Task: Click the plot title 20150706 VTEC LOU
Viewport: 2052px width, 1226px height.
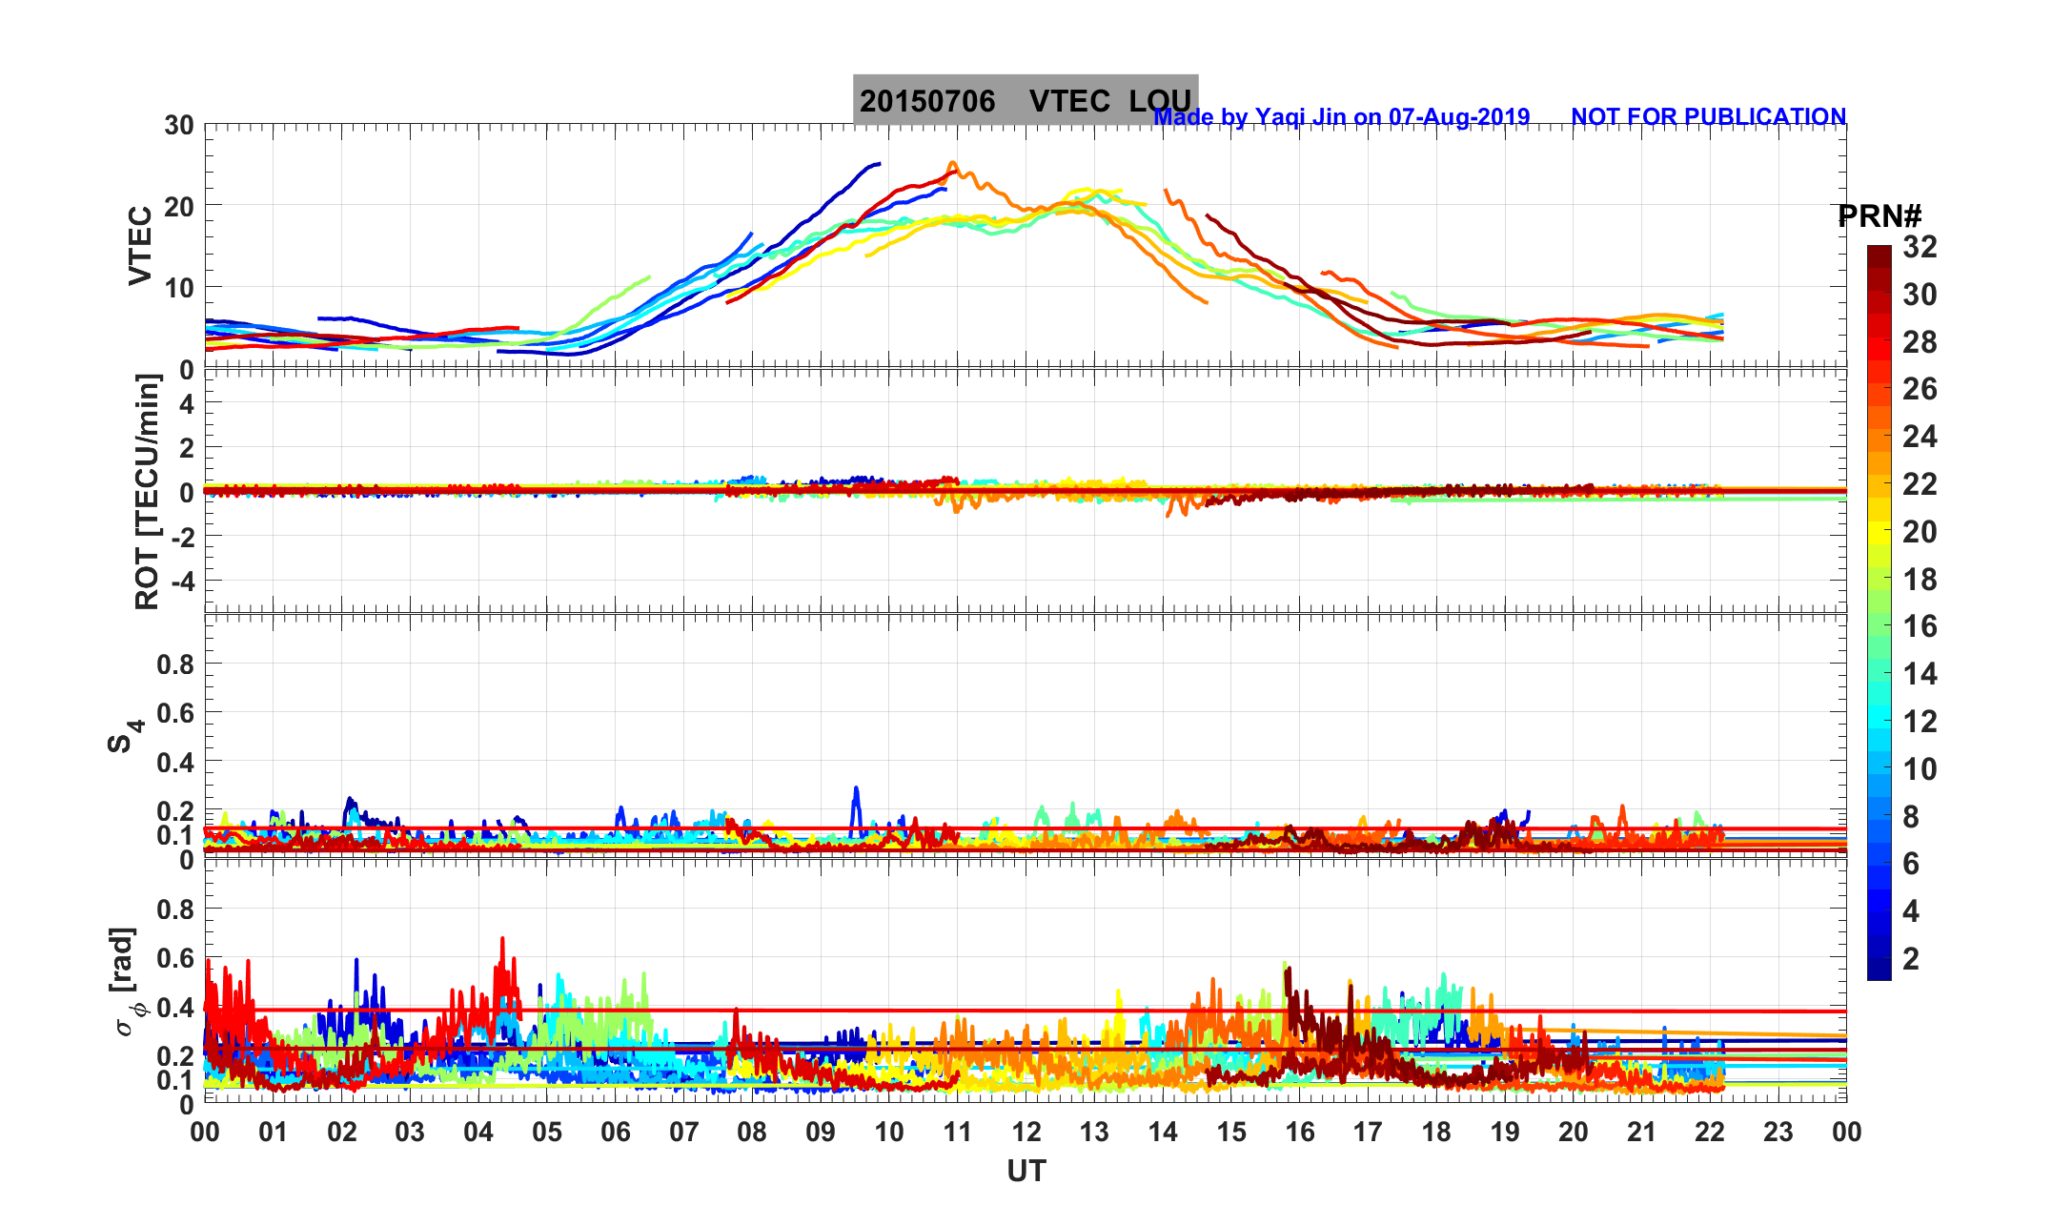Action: click(1025, 100)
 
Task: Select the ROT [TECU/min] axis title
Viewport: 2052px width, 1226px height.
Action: click(147, 492)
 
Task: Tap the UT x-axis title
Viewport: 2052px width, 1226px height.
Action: click(1026, 1171)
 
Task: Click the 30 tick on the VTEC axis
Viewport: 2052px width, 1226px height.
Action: click(178, 125)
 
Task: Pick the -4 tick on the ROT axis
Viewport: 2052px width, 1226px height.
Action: click(179, 581)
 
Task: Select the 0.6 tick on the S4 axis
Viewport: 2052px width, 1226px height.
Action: click(174, 713)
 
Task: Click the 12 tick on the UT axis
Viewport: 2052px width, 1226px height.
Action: click(1026, 1132)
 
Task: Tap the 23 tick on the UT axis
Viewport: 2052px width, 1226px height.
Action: click(1778, 1132)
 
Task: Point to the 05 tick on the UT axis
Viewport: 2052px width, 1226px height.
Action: click(547, 1132)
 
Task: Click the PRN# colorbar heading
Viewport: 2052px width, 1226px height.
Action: click(1879, 216)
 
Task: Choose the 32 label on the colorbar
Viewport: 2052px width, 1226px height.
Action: click(1920, 247)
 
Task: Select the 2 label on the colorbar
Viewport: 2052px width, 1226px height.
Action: click(1910, 959)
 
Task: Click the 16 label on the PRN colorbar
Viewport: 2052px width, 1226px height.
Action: click(1920, 626)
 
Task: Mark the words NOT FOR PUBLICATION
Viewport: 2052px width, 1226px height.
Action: click(1708, 116)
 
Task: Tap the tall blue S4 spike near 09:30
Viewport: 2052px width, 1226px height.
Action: click(856, 790)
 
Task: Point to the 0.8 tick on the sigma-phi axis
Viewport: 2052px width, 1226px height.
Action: click(174, 909)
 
